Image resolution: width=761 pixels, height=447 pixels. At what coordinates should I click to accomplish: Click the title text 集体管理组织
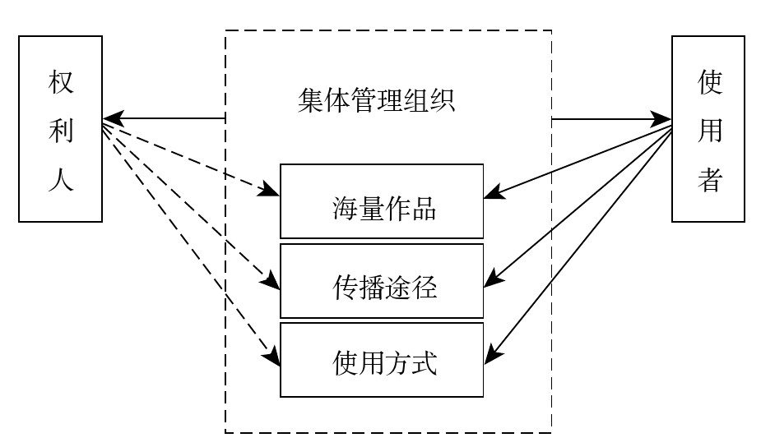[376, 102]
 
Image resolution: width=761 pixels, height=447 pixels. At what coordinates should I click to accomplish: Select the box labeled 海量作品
[382, 201]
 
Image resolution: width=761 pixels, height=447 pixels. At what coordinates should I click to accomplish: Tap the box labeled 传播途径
[382, 280]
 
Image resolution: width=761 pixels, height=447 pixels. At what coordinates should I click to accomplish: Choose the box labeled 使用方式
[382, 360]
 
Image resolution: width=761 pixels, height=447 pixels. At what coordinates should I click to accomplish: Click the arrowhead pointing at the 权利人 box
[110, 119]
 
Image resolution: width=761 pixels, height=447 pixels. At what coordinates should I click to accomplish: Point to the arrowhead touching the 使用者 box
[664, 119]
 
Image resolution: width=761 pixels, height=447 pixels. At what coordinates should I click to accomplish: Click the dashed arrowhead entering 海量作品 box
[272, 194]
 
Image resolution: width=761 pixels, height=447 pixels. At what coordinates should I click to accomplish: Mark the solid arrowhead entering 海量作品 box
[491, 196]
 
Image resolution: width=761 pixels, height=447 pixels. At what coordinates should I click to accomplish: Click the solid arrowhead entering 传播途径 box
[490, 281]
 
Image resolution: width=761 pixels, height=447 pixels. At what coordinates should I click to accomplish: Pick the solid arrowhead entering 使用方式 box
[490, 356]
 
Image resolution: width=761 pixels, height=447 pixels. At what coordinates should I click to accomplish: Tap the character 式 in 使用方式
[424, 362]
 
